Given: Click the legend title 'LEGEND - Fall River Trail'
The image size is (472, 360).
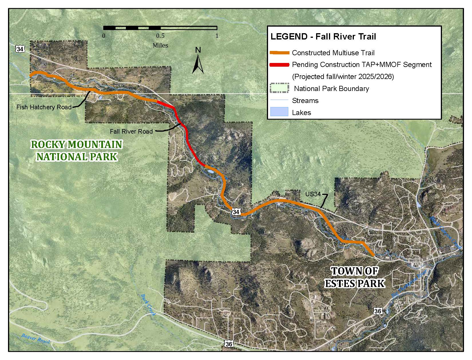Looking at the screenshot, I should click(323, 37).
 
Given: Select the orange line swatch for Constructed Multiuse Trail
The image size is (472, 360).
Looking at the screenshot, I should click(279, 53).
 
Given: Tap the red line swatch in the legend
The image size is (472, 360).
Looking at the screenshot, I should click(279, 65).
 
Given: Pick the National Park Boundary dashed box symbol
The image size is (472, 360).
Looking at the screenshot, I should click(279, 88).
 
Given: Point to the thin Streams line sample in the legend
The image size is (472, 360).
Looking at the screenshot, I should click(279, 100).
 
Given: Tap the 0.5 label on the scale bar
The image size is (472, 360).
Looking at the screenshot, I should click(160, 36).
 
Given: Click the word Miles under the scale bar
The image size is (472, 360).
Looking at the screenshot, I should click(160, 45).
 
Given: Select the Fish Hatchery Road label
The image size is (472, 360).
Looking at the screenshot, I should click(44, 107).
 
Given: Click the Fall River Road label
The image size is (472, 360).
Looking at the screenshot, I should click(131, 131).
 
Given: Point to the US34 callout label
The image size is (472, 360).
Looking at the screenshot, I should click(313, 194).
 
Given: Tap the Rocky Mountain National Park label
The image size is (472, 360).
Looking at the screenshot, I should click(77, 151).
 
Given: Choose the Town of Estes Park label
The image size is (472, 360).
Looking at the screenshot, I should click(355, 277).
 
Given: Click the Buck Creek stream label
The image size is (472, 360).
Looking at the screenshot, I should click(148, 305).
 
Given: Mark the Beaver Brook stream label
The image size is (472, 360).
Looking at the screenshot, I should click(36, 339).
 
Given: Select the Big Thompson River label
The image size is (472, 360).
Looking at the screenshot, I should click(409, 284).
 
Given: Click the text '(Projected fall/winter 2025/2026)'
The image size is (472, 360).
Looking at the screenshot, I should click(343, 77).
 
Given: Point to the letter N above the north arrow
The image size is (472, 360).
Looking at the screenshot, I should click(198, 50).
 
